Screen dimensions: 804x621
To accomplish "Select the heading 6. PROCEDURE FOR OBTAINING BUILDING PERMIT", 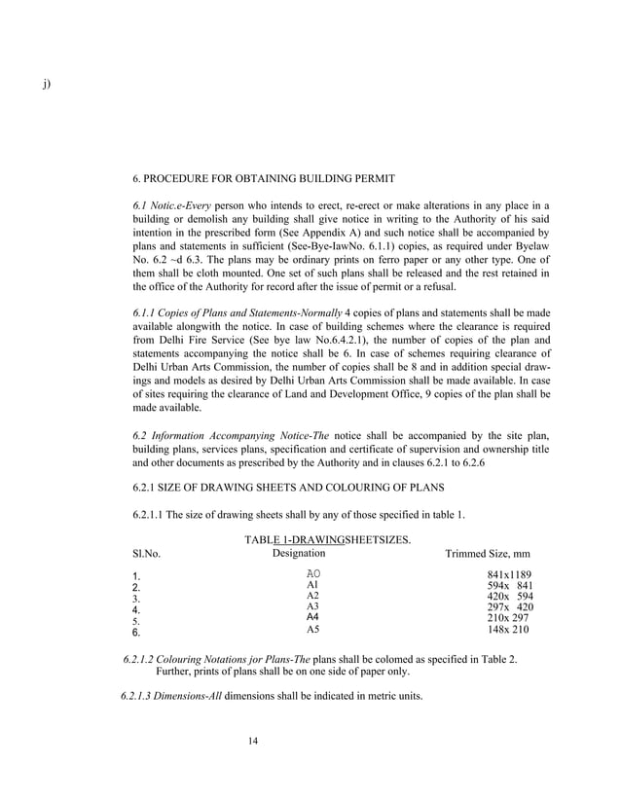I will [x=263, y=178].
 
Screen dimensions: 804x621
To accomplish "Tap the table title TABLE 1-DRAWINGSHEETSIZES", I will [x=328, y=539].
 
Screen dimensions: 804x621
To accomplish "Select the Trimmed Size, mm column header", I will [x=487, y=554].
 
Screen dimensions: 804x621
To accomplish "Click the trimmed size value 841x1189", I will [x=508, y=575].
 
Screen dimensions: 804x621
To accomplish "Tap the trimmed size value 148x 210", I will [x=508, y=630].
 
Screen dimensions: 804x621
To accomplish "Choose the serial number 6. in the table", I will [x=136, y=632].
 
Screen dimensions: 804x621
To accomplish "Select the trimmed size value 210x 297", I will [x=508, y=618].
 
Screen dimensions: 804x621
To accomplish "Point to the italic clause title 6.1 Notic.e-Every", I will [x=171, y=205].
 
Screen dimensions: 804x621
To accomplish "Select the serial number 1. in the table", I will [x=136, y=576].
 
